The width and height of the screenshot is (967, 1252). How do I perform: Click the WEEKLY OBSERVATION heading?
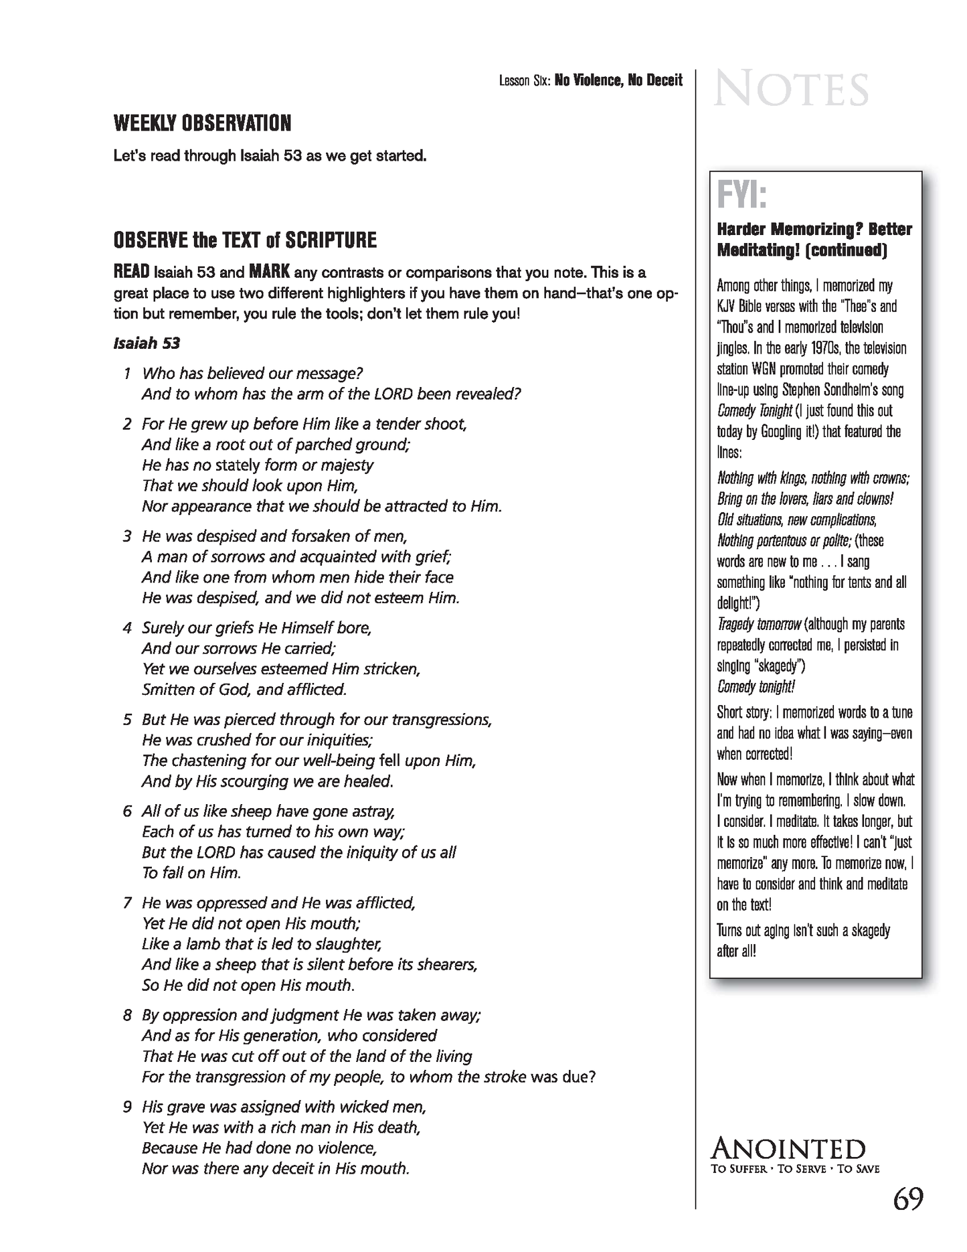pyautogui.click(x=202, y=124)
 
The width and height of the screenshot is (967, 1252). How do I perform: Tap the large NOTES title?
pyautogui.click(x=791, y=90)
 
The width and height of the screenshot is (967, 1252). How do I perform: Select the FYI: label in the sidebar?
pyautogui.click(x=741, y=195)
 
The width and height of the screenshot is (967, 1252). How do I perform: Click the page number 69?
pyautogui.click(x=907, y=1198)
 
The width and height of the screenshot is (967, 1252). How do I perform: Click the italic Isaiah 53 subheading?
pyautogui.click(x=147, y=343)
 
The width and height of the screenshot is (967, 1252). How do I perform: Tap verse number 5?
pyautogui.click(x=127, y=720)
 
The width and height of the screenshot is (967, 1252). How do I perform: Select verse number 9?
pyautogui.click(x=127, y=1107)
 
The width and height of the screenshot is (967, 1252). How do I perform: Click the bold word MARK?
pyautogui.click(x=269, y=272)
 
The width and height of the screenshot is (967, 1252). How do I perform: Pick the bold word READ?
pyautogui.click(x=132, y=272)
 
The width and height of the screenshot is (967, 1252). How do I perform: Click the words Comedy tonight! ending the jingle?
pyautogui.click(x=756, y=687)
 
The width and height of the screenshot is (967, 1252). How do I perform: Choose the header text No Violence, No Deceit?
pyautogui.click(x=618, y=81)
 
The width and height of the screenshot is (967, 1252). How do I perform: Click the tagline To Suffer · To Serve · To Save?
pyautogui.click(x=795, y=1169)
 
